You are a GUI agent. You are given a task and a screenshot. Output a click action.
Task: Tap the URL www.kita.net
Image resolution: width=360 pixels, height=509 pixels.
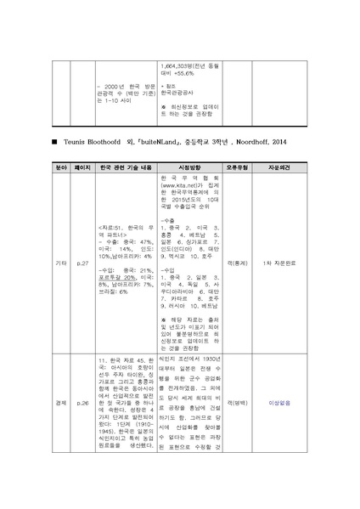181,183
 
